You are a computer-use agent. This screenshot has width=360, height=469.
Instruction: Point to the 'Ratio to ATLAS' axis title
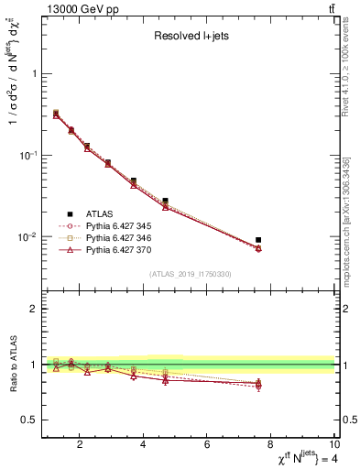click(x=13, y=363)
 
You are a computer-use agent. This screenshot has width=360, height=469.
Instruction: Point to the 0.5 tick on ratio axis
click(x=30, y=420)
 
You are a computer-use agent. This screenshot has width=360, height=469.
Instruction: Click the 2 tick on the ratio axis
click(x=33, y=309)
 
